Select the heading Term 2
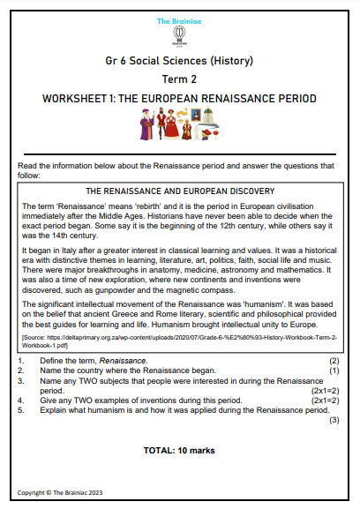[x=180, y=81]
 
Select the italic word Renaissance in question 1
[x=113, y=362]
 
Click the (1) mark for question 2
[x=334, y=371]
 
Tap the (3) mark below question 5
[x=334, y=420]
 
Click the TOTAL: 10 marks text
[x=180, y=449]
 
